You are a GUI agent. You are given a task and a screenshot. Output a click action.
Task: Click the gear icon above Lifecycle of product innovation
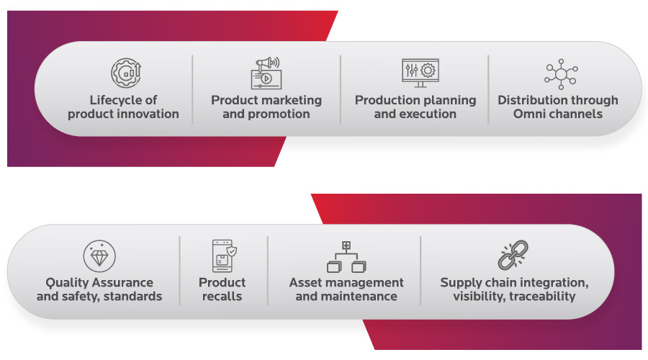[126, 73]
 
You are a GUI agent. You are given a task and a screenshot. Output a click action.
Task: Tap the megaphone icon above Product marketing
[266, 73]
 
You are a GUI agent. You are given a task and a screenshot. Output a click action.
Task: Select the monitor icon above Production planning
[420, 73]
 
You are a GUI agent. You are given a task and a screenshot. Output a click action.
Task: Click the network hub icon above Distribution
[561, 74]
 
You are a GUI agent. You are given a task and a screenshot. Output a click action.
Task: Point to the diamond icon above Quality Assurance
[99, 256]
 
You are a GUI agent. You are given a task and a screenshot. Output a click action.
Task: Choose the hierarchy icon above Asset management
[346, 257]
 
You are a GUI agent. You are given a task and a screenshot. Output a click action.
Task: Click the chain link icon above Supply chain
[513, 255]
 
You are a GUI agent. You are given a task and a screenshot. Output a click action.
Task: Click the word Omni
[530, 114]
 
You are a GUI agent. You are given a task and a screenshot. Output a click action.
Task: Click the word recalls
[222, 297]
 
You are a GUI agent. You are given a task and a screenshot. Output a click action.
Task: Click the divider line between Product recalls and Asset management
[268, 271]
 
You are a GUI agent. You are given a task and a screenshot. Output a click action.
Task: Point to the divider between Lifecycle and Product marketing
[192, 89]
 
